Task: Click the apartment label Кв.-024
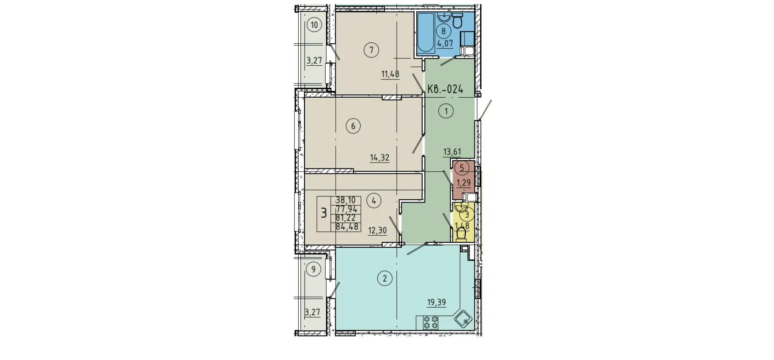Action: click(445, 89)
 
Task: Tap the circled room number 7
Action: click(371, 51)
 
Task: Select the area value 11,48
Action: click(390, 74)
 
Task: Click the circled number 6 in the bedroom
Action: click(353, 126)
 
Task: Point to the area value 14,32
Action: click(379, 158)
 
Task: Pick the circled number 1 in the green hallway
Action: click(446, 111)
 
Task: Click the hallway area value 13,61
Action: click(452, 152)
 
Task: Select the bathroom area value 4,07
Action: click(445, 43)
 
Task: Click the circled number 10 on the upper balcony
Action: click(314, 25)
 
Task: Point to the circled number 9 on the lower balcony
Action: click(313, 269)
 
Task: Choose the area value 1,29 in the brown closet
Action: click(464, 182)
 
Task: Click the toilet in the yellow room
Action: click(461, 235)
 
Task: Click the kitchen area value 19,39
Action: click(436, 302)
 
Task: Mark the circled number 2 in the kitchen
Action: click(384, 279)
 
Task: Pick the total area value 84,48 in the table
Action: click(346, 227)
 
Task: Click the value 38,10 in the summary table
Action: click(346, 200)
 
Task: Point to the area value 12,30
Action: click(377, 230)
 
